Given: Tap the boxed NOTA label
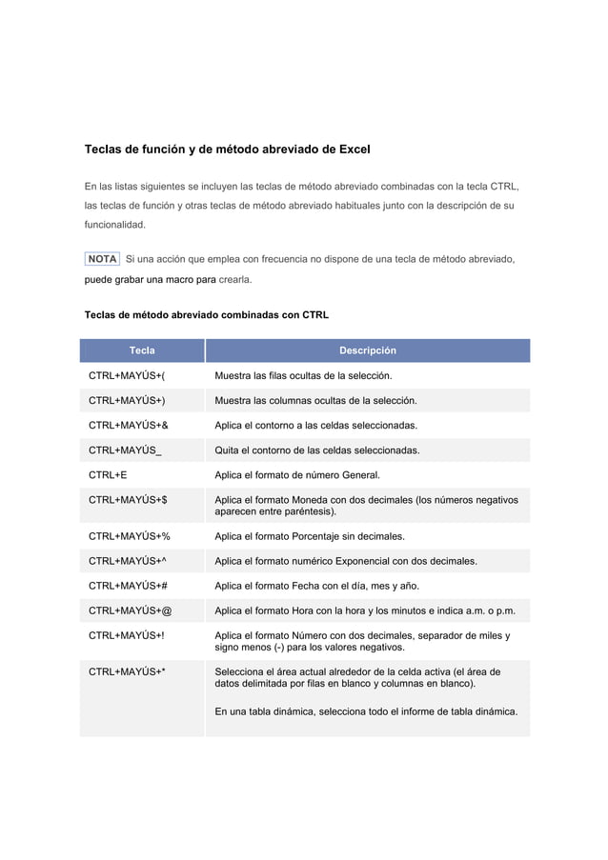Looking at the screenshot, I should point(102,259).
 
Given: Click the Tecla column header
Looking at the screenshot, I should point(142,350).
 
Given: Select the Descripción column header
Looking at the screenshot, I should point(368,350).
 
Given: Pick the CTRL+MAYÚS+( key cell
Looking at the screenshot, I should point(127,376).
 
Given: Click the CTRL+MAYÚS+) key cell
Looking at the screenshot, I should point(127,401).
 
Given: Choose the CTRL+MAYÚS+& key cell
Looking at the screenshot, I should point(129,426).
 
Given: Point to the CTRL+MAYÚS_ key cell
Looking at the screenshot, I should point(125,450).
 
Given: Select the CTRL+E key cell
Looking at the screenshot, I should point(109,474).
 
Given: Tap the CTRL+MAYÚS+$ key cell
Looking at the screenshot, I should point(129,499).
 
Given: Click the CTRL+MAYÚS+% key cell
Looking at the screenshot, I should point(130,536).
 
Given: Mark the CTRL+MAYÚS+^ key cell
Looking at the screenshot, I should point(128,561).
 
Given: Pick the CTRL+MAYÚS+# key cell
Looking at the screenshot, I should point(129,586).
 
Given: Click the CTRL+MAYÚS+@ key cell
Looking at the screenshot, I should point(131,610).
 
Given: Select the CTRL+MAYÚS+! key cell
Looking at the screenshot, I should point(126,635).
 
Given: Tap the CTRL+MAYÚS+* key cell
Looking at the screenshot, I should point(127,672).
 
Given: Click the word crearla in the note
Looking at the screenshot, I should point(235,281).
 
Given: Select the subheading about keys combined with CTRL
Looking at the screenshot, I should point(207,313).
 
